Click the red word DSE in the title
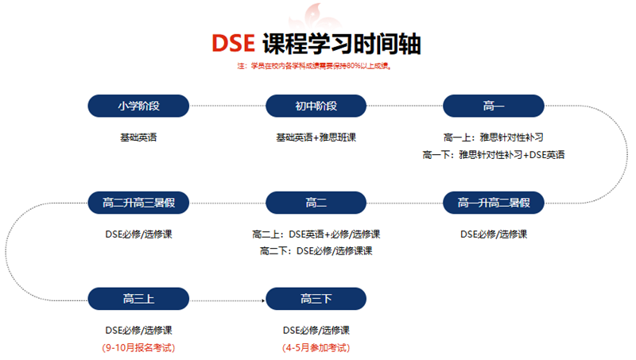click(x=233, y=43)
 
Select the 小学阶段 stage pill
click(x=138, y=106)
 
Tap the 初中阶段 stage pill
click(x=316, y=106)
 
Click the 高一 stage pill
click(x=494, y=106)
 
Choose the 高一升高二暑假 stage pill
click(x=494, y=203)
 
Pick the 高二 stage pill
click(x=316, y=203)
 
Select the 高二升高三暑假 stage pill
click(x=138, y=203)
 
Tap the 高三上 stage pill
click(x=138, y=299)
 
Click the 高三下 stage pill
click(x=316, y=299)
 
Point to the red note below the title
click(x=314, y=66)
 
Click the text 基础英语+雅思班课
click(x=316, y=137)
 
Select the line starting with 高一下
click(x=494, y=154)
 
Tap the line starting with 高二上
click(x=316, y=234)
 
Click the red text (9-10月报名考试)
click(x=138, y=347)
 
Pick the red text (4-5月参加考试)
click(x=316, y=347)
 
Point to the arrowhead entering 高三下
click(x=263, y=301)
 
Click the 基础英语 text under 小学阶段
click(x=138, y=137)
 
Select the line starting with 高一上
click(x=494, y=137)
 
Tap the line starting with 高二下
click(x=316, y=251)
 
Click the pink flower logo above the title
click(x=315, y=16)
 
